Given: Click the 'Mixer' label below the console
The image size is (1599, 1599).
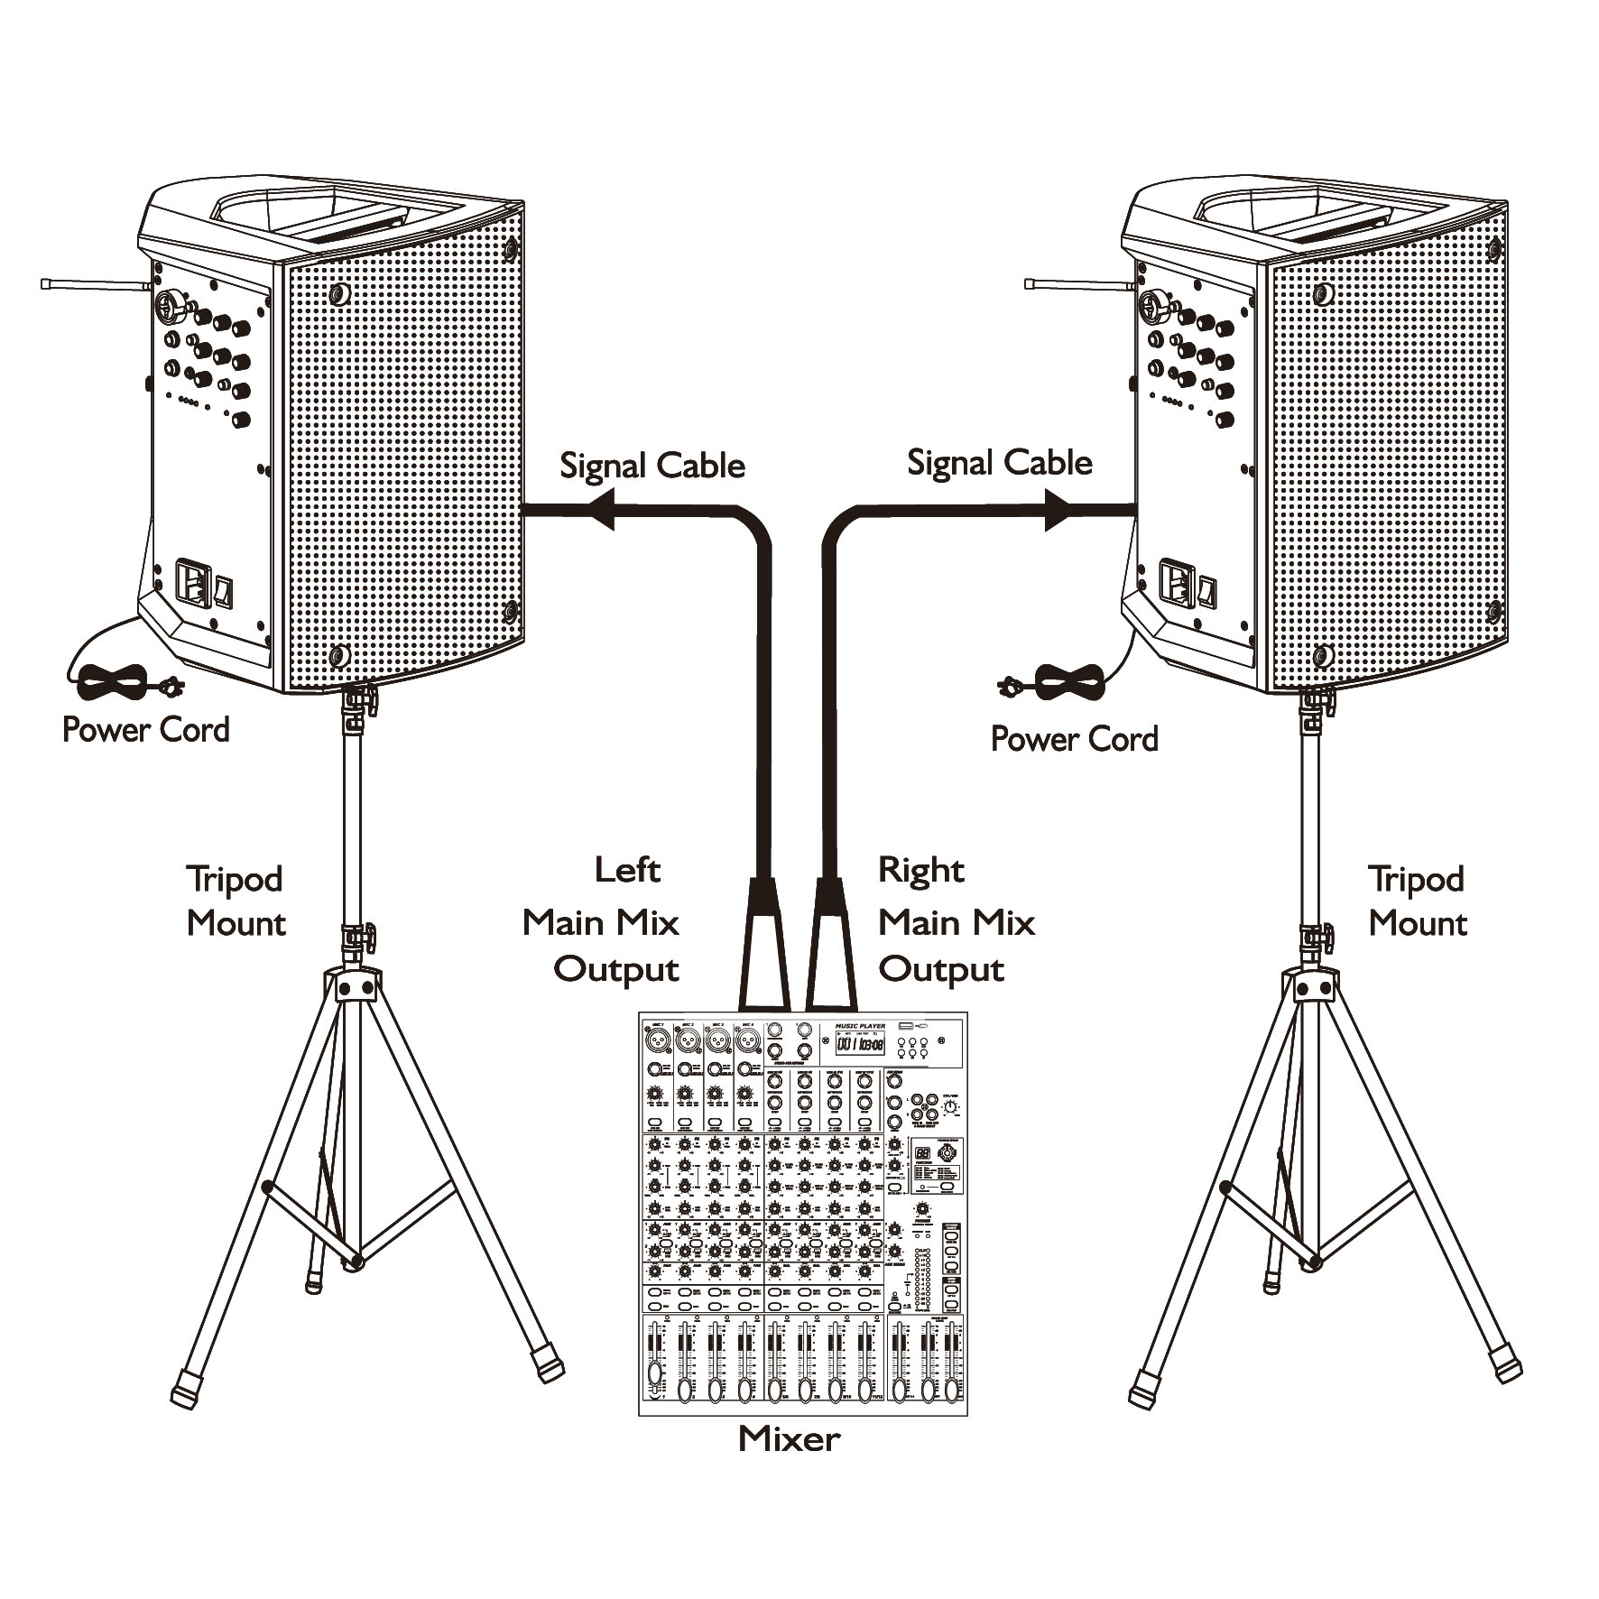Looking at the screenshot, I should (x=789, y=1438).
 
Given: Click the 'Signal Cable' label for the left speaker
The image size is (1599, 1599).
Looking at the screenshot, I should (x=652, y=466).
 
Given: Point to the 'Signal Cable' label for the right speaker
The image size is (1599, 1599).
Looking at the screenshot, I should (x=999, y=463).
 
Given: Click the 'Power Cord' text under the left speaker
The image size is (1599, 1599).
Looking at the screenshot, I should (x=145, y=729).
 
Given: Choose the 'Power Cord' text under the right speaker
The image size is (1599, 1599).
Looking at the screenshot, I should (x=1074, y=738).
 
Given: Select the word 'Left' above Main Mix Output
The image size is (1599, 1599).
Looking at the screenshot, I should (x=627, y=870).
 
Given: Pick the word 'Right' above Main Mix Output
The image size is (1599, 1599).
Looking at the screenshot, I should (x=920, y=870).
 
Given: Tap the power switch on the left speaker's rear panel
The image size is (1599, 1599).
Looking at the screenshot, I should (x=223, y=592).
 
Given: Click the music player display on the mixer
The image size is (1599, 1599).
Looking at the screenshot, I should (x=860, y=1044).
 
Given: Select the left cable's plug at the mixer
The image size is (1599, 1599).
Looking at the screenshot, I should (x=764, y=947).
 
